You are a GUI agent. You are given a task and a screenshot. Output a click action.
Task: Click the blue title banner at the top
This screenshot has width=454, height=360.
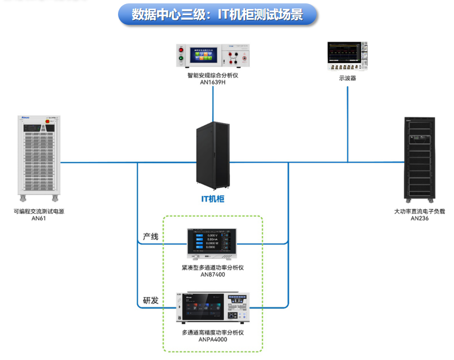(217, 15)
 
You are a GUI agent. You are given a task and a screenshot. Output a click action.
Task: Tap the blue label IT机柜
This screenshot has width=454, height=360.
(213, 199)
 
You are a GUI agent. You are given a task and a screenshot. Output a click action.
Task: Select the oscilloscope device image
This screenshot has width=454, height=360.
(347, 56)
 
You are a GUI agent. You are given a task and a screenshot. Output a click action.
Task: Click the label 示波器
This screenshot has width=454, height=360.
(347, 78)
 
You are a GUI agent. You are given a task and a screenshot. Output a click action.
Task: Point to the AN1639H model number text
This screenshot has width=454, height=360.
(213, 82)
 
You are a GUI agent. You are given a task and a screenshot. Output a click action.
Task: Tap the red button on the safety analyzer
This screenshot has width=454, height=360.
(181, 50)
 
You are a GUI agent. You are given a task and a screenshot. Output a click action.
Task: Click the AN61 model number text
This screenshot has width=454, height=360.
(38, 218)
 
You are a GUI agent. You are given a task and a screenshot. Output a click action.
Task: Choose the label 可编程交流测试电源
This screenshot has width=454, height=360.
(38, 212)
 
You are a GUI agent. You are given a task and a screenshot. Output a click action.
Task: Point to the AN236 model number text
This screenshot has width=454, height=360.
(420, 218)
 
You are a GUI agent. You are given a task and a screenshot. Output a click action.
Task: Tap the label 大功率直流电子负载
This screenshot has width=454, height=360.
(420, 212)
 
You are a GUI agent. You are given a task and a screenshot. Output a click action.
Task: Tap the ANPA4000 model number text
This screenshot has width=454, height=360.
(212, 340)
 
